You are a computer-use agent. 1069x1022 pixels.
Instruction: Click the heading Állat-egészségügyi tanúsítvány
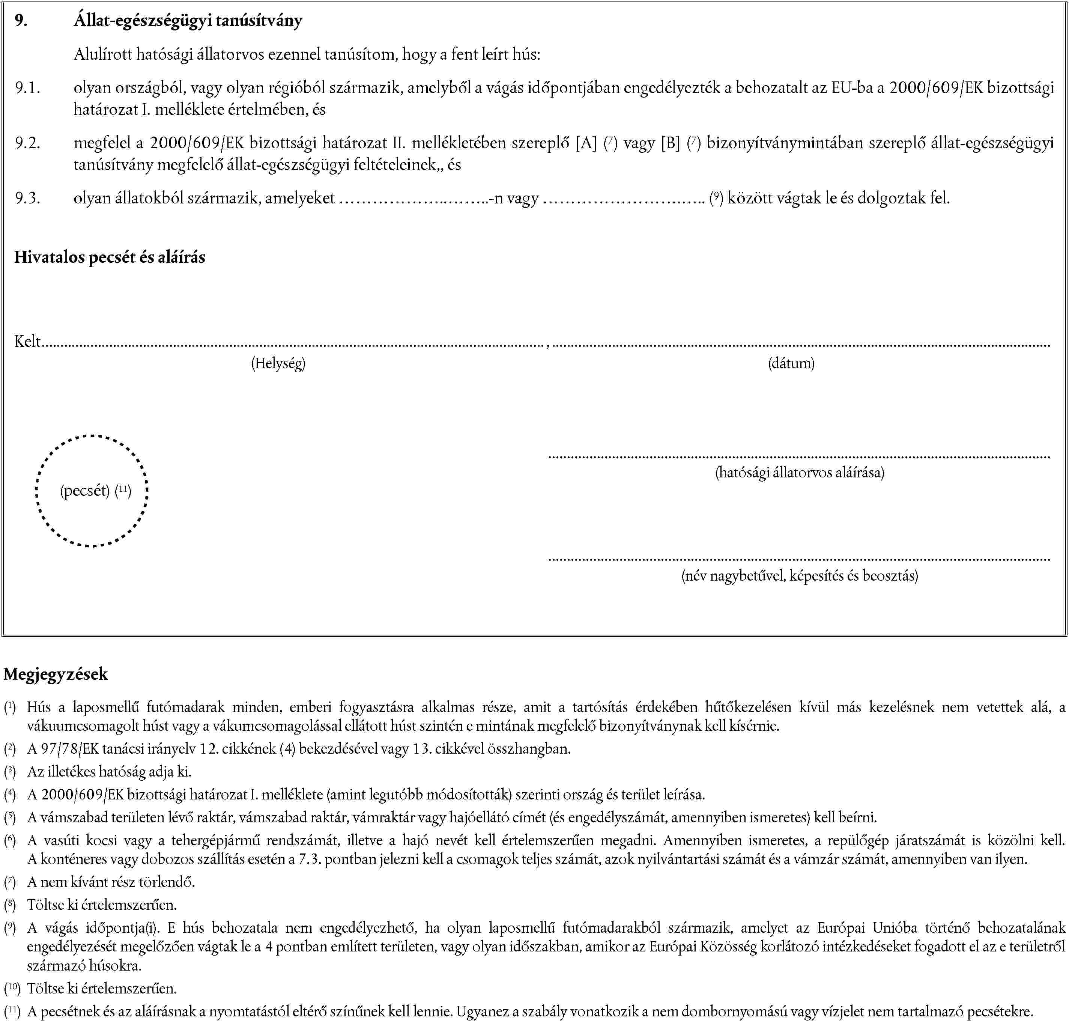pyautogui.click(x=188, y=21)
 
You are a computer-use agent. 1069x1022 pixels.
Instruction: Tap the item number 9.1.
pyautogui.click(x=27, y=88)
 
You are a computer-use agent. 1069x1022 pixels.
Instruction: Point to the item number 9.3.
pyautogui.click(x=27, y=198)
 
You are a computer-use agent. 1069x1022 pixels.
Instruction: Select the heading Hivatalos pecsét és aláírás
pyautogui.click(x=110, y=257)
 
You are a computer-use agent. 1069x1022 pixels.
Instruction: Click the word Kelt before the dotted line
pyautogui.click(x=28, y=342)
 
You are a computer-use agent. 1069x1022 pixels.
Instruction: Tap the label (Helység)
pyautogui.click(x=278, y=363)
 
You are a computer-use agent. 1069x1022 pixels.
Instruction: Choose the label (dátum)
pyautogui.click(x=791, y=363)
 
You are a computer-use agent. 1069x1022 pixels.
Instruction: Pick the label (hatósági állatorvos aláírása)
pyautogui.click(x=799, y=472)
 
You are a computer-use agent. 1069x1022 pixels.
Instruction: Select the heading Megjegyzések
pyautogui.click(x=56, y=674)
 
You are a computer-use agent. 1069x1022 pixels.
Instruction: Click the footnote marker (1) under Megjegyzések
pyautogui.click(x=9, y=707)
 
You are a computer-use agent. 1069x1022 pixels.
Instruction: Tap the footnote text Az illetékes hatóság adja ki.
pyautogui.click(x=109, y=771)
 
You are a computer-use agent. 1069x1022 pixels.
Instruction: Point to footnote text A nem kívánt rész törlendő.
pyautogui.click(x=111, y=882)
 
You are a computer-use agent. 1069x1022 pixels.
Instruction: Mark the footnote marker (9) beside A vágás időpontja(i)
pyautogui.click(x=9, y=928)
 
